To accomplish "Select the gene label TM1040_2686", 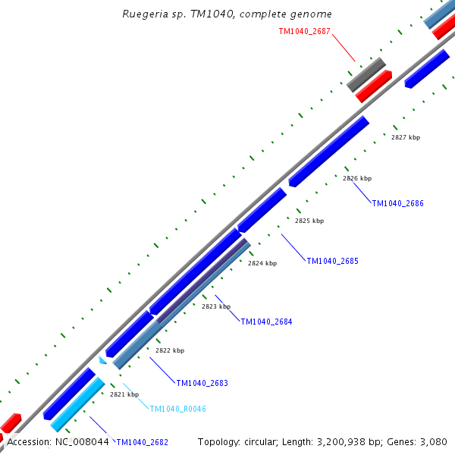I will point(397,203).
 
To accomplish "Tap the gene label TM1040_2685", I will point(332,261).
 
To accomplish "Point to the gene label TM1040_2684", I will point(266,322).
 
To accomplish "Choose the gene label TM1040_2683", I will point(202,383).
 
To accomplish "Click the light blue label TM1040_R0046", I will point(177,409).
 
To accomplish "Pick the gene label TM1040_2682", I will point(142,442).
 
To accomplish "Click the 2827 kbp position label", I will point(406,137).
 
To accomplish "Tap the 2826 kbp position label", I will point(357,178).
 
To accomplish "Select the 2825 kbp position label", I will point(309,221).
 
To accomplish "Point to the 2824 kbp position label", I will point(262,263).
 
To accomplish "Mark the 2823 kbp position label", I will point(216,306).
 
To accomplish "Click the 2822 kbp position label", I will point(170,350).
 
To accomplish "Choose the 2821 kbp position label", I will point(124,394).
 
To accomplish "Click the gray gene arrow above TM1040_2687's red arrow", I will point(366,74).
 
